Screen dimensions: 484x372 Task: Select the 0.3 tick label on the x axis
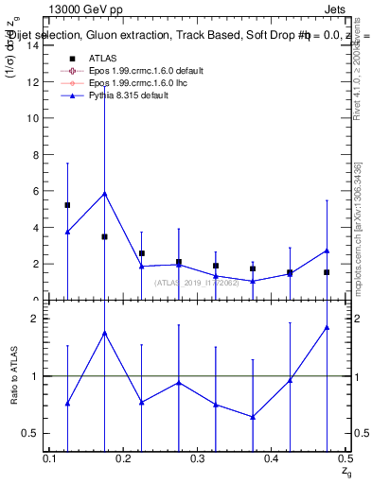[x=198, y=458]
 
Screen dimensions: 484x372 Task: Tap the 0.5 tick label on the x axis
[x=345, y=458]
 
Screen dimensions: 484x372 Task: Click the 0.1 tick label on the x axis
[x=51, y=458]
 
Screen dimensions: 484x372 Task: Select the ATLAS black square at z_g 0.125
[x=67, y=205]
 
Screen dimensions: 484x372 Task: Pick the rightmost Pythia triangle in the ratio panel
[x=326, y=327]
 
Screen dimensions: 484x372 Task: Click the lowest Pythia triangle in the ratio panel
[x=252, y=417]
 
